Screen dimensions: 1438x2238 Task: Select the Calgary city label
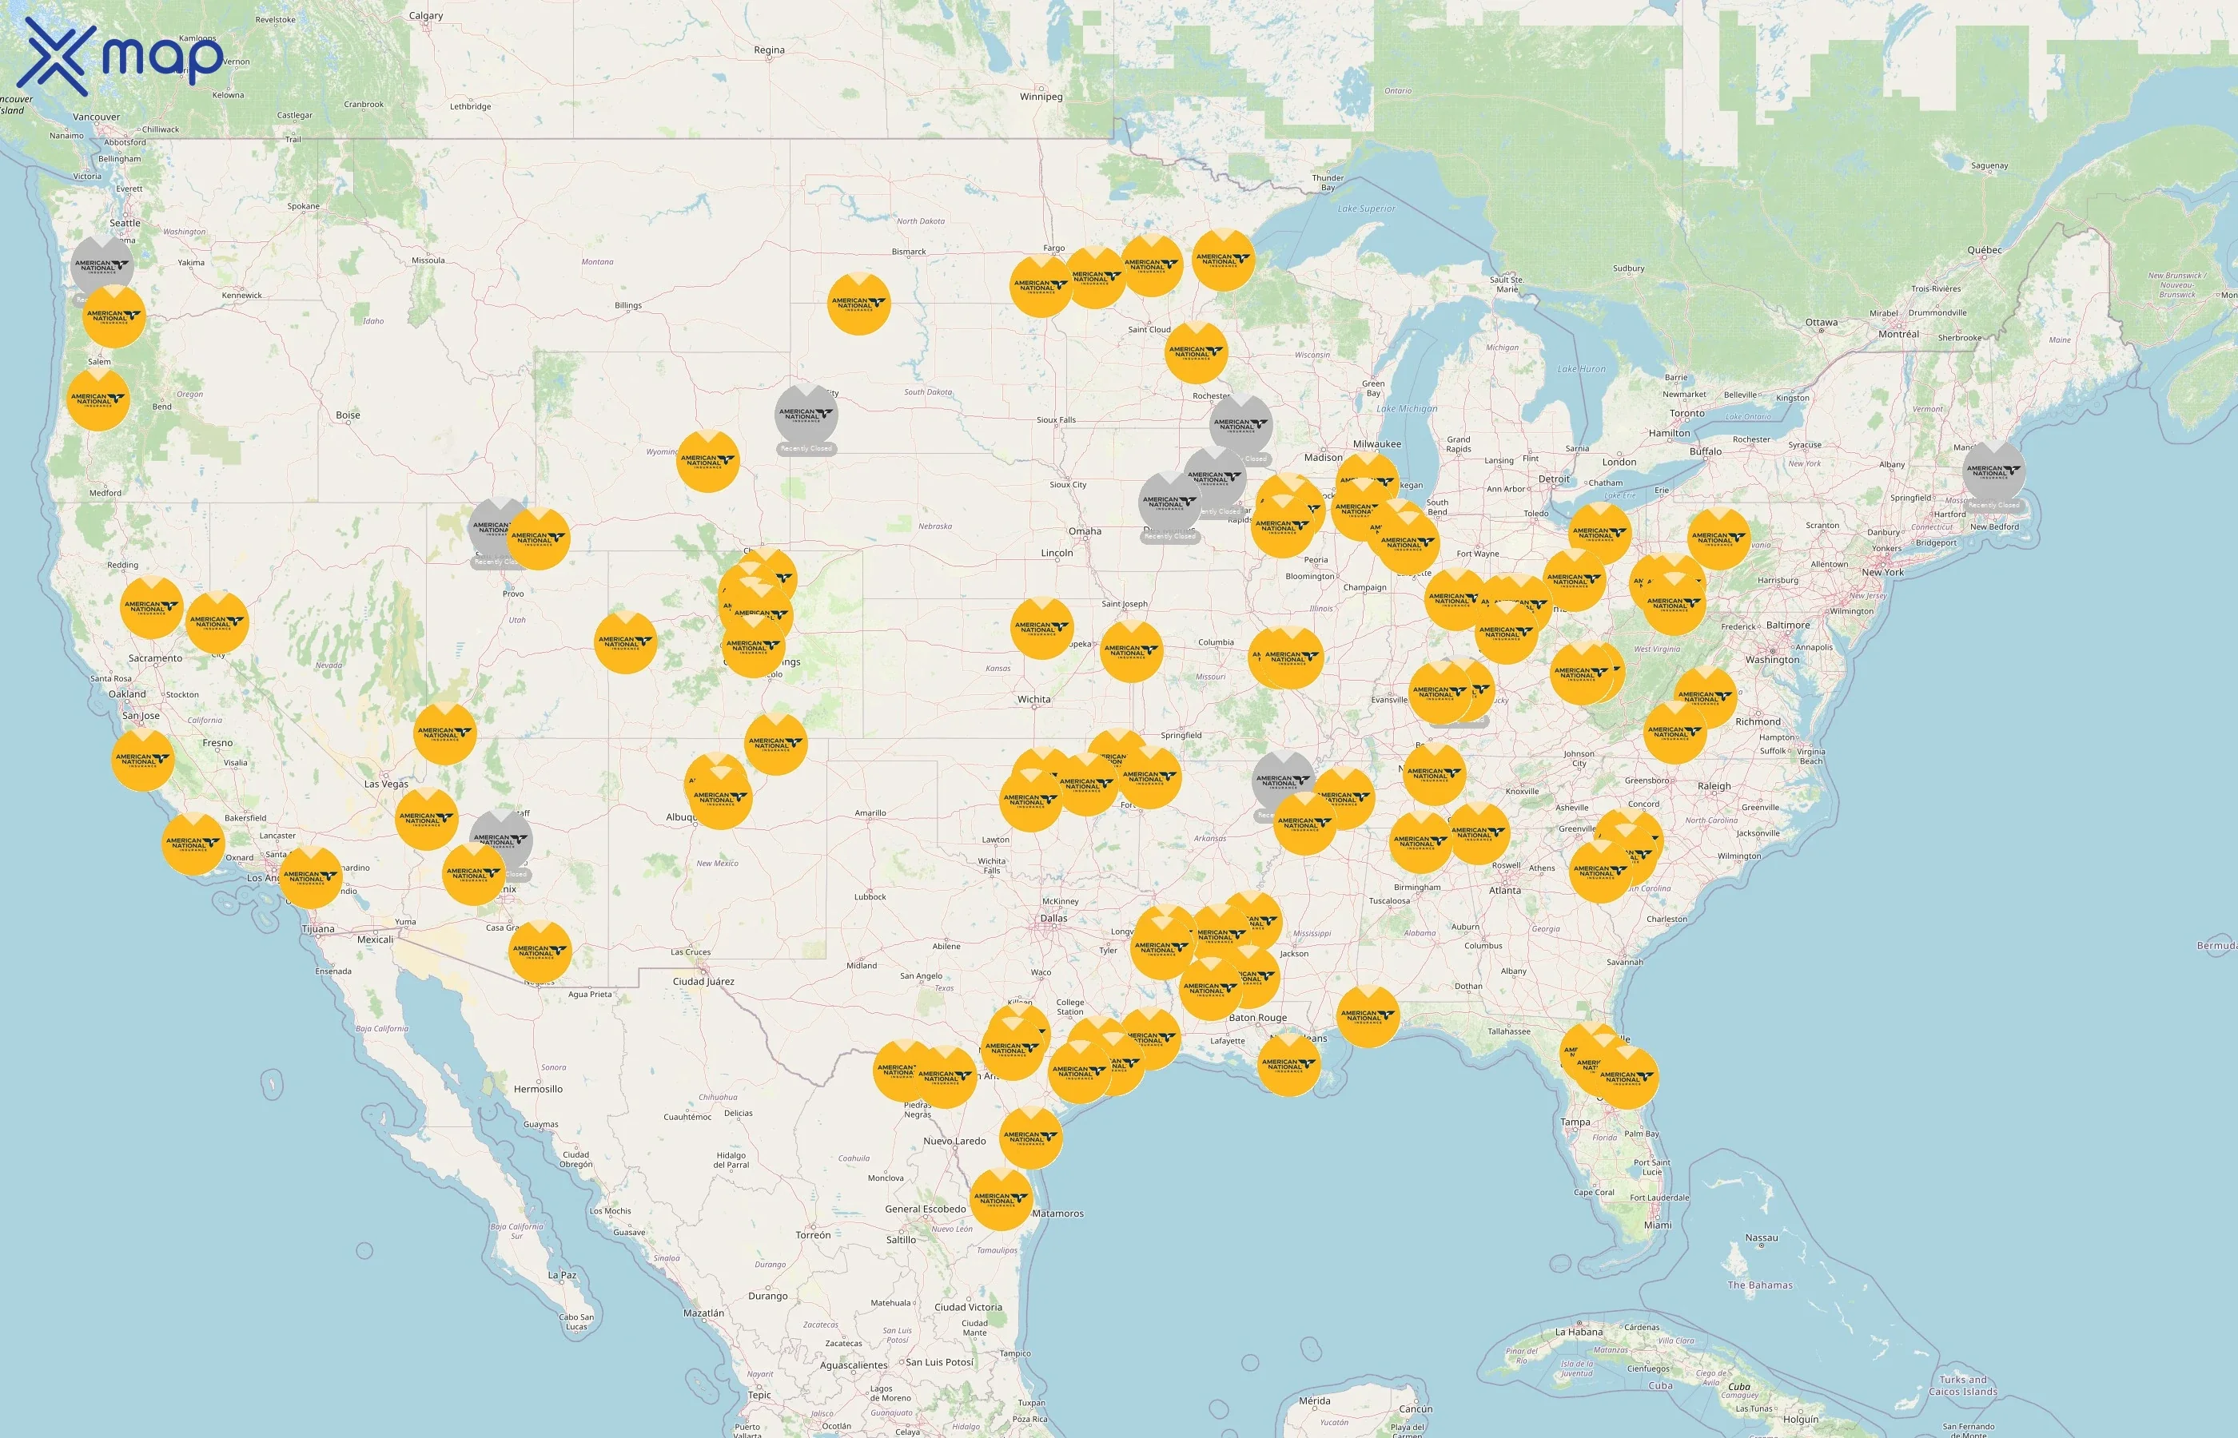pos(426,16)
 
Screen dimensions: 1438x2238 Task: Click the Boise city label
pos(348,415)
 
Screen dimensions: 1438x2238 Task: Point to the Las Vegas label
pos(386,785)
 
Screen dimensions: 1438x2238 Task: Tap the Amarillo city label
pos(870,813)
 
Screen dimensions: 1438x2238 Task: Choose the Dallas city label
pos(1053,919)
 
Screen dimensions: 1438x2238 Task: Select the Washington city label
pos(1772,660)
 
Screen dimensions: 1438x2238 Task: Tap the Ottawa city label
pos(1822,323)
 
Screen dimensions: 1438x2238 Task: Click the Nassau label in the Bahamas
pos(1762,1238)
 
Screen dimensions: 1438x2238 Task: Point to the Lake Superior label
pos(1366,209)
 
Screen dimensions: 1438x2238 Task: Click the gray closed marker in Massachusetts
pos(1993,471)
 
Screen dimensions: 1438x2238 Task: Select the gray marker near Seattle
pos(102,265)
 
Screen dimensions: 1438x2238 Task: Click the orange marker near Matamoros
pos(1001,1198)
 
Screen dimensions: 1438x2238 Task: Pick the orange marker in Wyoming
pos(707,461)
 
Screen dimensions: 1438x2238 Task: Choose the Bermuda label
pos(2216,946)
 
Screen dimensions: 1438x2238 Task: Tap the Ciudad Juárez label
pos(703,981)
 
